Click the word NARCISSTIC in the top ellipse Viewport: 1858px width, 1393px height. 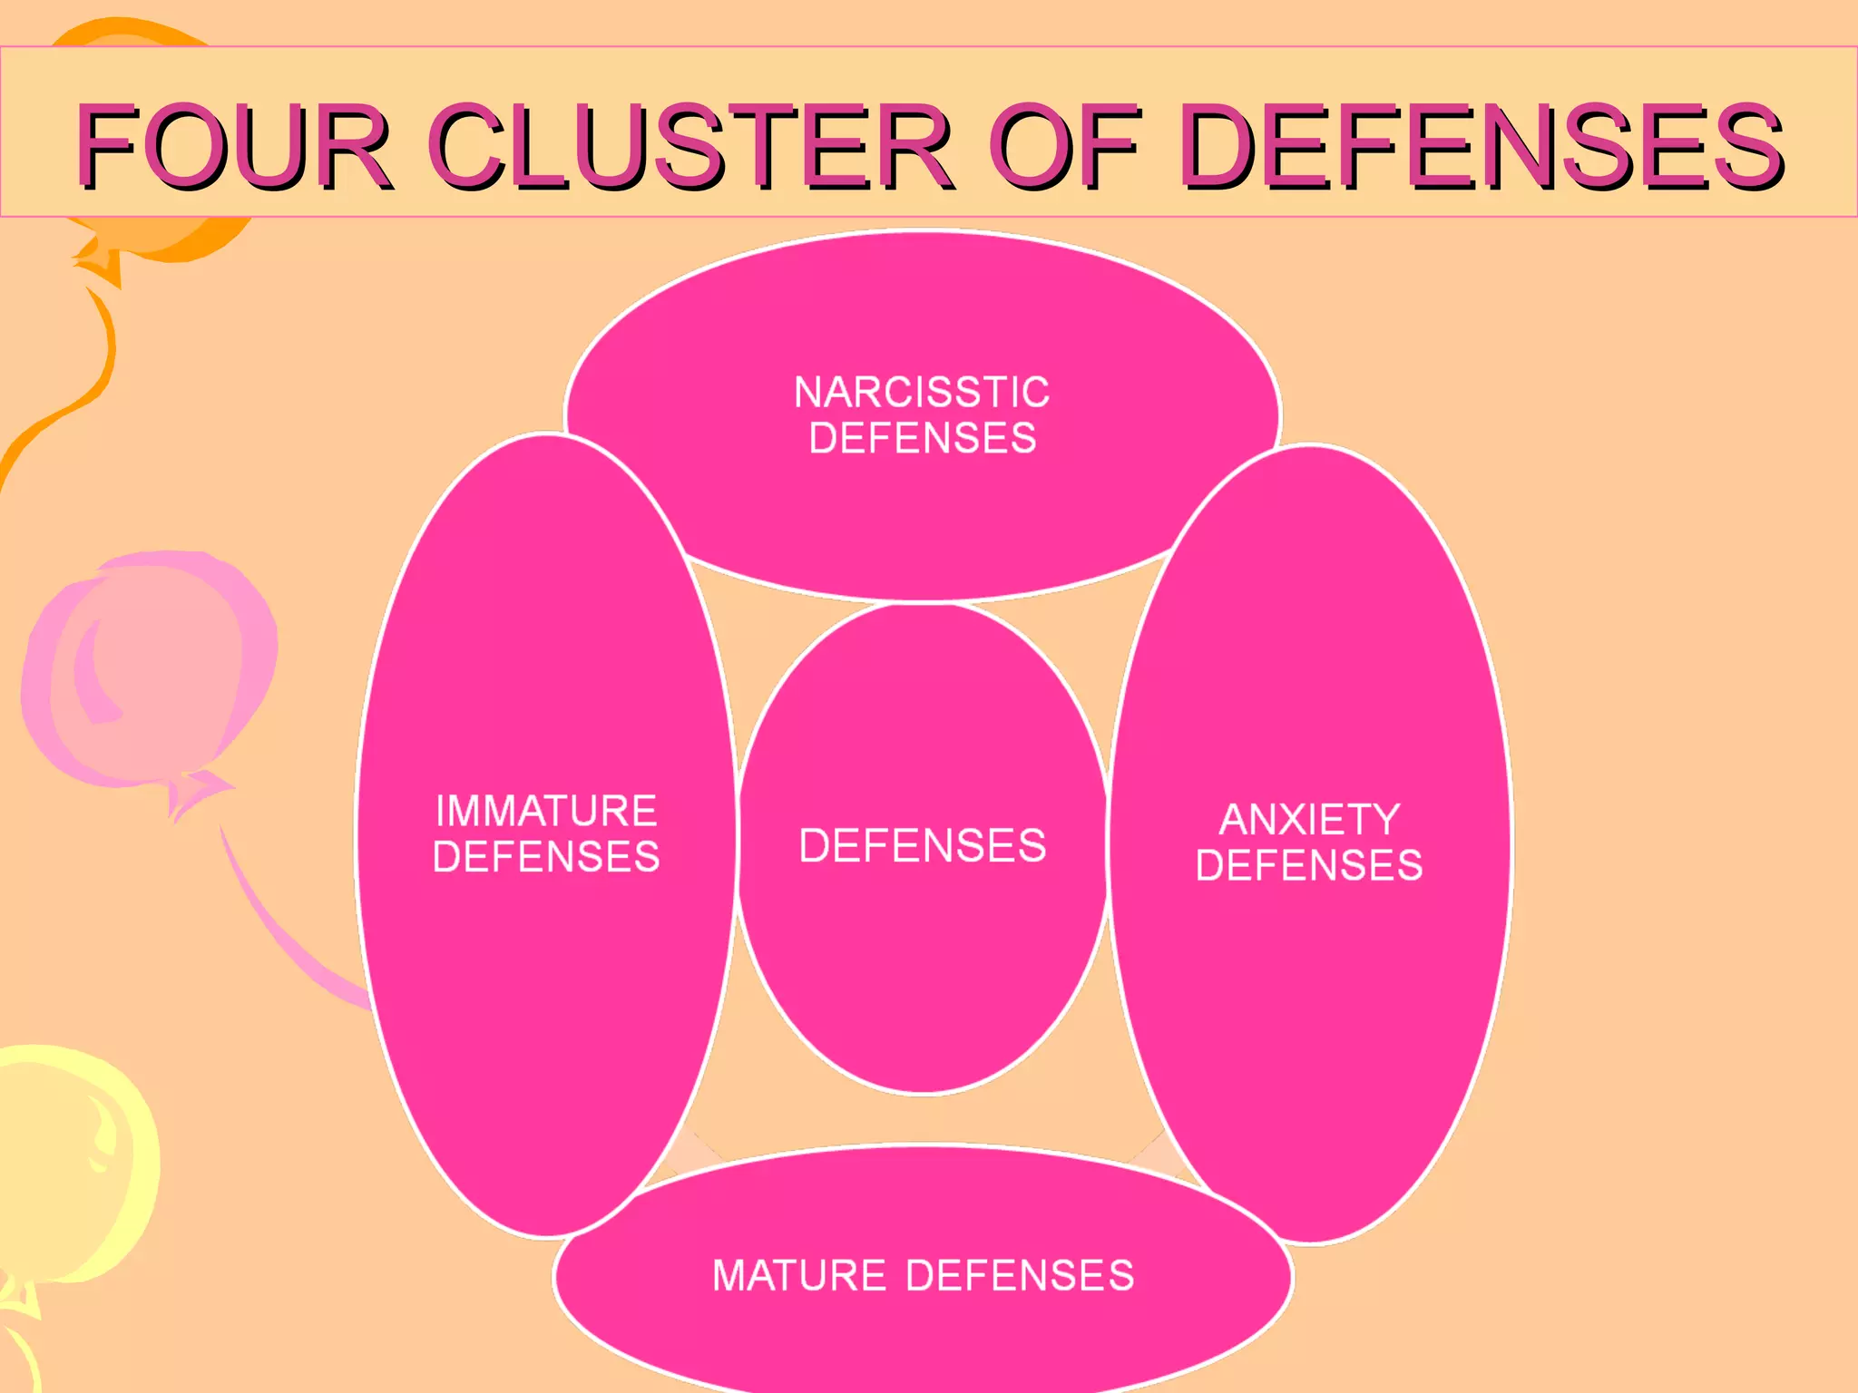coord(922,393)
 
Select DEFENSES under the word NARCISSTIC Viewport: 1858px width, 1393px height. coord(922,438)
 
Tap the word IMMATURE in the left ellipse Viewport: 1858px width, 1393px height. coord(546,811)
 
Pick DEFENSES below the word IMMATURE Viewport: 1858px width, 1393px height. coord(546,857)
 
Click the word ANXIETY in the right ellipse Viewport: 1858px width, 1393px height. coord(1309,820)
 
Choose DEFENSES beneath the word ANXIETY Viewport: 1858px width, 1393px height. coord(1309,865)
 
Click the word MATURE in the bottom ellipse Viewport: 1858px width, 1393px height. coord(798,1275)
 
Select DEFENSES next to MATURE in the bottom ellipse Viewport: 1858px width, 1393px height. coord(1021,1275)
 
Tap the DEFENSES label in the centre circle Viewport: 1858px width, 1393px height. coord(922,845)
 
